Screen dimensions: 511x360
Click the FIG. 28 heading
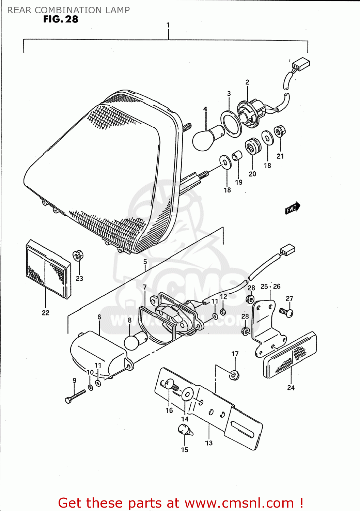(61, 19)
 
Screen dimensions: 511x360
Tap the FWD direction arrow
(292, 208)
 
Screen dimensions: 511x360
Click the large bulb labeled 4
(205, 138)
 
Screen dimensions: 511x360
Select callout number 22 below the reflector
(45, 313)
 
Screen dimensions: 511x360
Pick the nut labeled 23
(78, 255)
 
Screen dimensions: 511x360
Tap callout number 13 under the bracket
(209, 443)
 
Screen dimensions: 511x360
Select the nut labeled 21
(280, 131)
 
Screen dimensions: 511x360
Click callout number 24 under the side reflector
(291, 388)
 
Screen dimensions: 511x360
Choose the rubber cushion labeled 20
(253, 146)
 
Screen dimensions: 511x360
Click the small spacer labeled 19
(237, 157)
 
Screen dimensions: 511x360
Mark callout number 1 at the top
(168, 25)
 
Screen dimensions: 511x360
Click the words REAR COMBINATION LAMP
(68, 10)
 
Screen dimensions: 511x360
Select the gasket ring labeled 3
(231, 123)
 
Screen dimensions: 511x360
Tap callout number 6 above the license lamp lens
(99, 317)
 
